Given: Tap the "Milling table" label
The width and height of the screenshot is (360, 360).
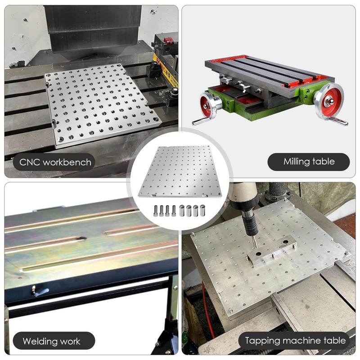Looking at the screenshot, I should click(x=309, y=162).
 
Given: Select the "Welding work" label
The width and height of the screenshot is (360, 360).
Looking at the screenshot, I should click(x=51, y=341).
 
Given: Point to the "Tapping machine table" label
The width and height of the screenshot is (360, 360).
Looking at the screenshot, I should click(x=295, y=341).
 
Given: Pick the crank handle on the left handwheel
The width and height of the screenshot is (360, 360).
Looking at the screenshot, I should click(x=198, y=121).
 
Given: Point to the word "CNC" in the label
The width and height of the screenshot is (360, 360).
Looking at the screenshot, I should click(x=28, y=162).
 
